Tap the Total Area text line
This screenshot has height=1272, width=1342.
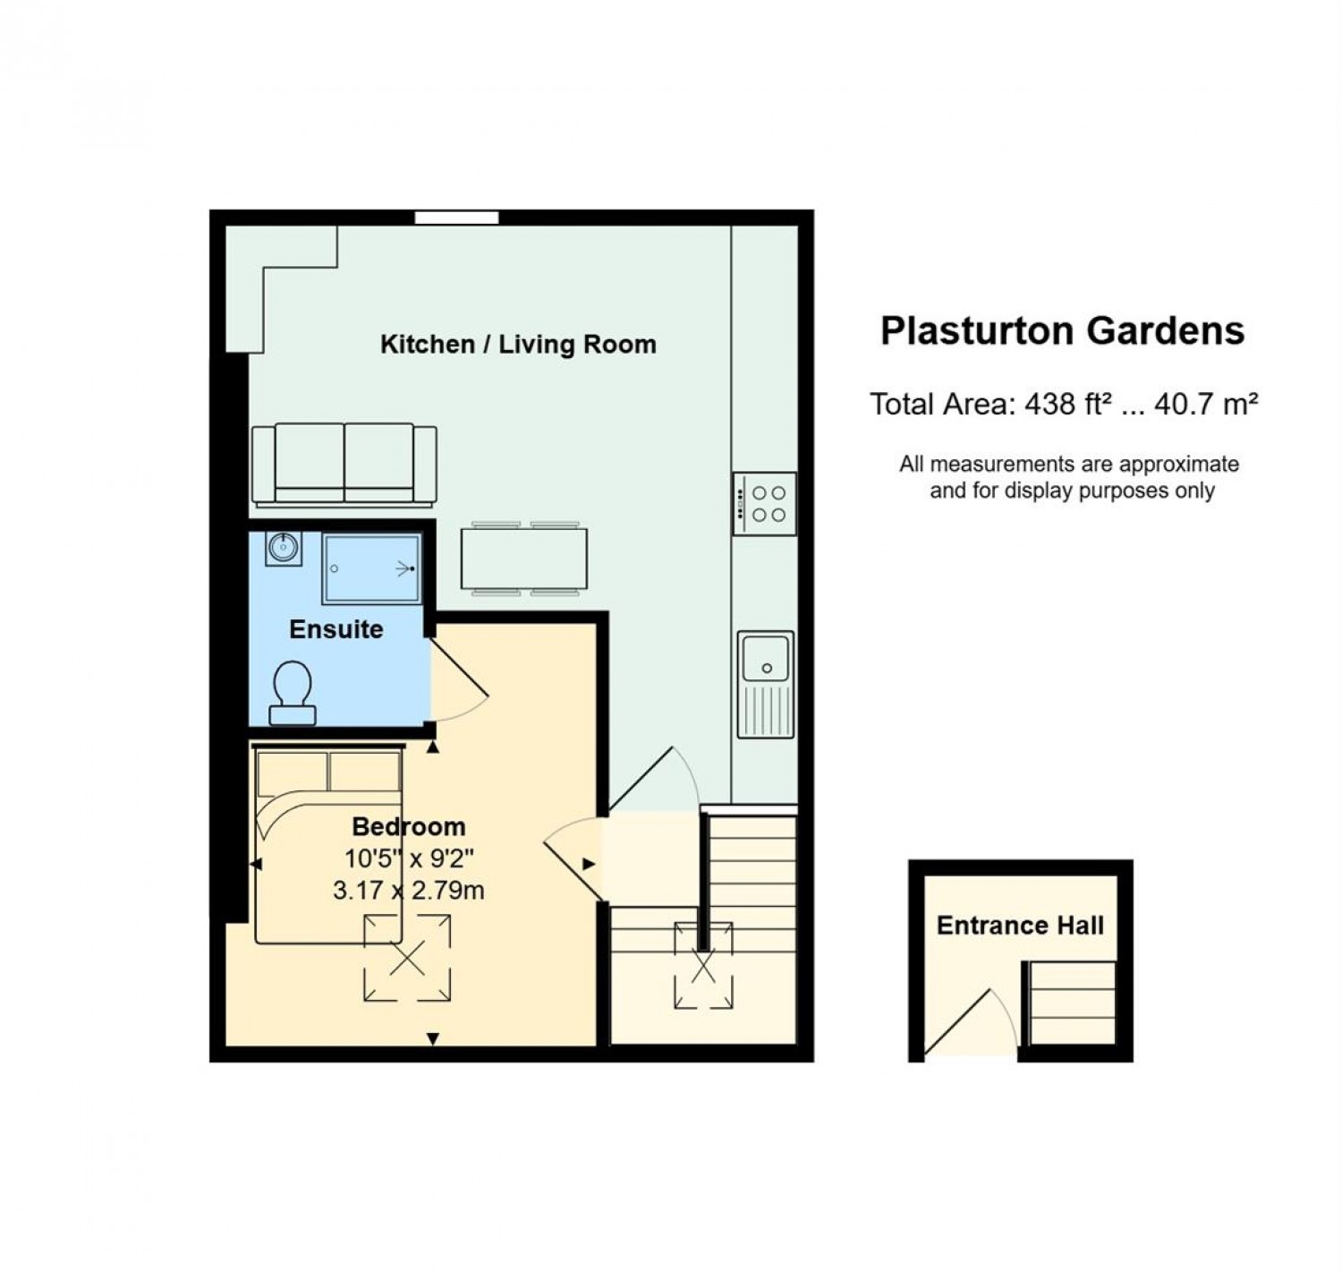[x=1064, y=405]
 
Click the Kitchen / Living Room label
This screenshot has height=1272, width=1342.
[x=518, y=345]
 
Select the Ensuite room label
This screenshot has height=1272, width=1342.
[x=335, y=629]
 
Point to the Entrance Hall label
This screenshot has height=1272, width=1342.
[x=1020, y=926]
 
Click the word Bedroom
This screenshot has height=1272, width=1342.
[x=409, y=826]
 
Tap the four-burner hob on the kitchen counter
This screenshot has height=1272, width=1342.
[x=765, y=503]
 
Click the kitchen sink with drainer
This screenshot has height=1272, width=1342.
[x=766, y=685]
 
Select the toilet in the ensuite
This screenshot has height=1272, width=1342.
[x=293, y=693]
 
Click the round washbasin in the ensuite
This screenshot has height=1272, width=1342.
[x=284, y=548]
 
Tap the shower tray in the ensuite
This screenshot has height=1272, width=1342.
[x=372, y=569]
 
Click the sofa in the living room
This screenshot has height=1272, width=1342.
[x=344, y=465]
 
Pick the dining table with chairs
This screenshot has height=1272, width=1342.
[x=523, y=559]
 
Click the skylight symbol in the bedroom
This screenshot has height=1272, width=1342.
[x=407, y=959]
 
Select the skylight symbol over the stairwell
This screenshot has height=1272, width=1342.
[x=703, y=966]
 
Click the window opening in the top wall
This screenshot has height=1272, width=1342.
[x=456, y=218]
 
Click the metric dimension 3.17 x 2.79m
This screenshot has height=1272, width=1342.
[x=409, y=891]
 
